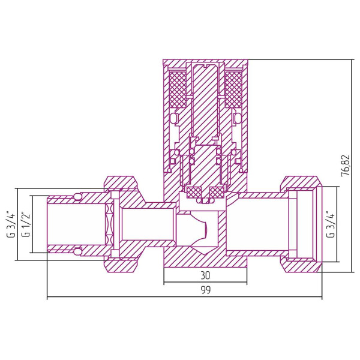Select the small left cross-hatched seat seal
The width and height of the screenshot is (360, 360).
click(x=194, y=193)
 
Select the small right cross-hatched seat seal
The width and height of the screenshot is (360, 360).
click(x=217, y=193)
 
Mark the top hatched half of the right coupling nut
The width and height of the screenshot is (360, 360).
click(x=300, y=182)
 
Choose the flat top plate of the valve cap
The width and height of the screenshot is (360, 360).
click(x=205, y=62)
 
